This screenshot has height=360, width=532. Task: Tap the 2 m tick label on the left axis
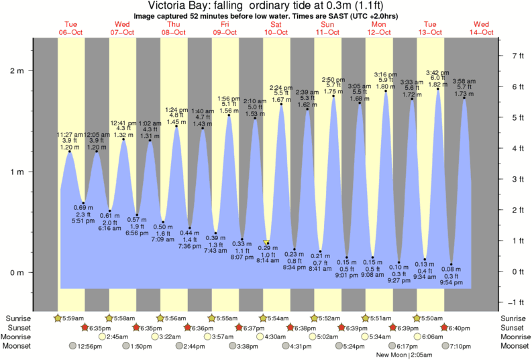coord(15,70)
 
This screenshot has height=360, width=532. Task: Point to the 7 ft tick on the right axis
coord(517,56)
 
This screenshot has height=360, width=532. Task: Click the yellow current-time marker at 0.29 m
coord(266,243)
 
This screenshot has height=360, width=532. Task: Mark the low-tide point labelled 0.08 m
coord(451,264)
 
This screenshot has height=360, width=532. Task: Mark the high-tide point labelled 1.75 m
coord(333,97)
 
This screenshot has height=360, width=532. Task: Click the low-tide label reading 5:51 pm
coord(83,220)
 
